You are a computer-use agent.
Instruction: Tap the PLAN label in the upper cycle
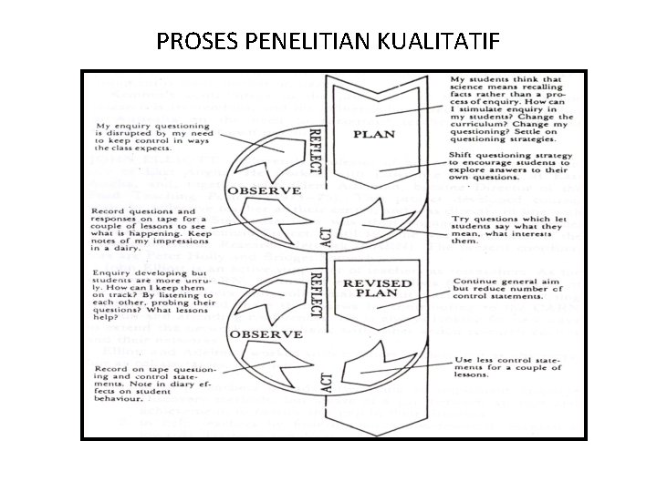click(374, 134)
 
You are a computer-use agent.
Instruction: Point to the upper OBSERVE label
click(265, 191)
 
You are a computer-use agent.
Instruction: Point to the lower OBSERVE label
click(266, 335)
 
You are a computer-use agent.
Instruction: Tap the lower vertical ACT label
click(326, 380)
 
